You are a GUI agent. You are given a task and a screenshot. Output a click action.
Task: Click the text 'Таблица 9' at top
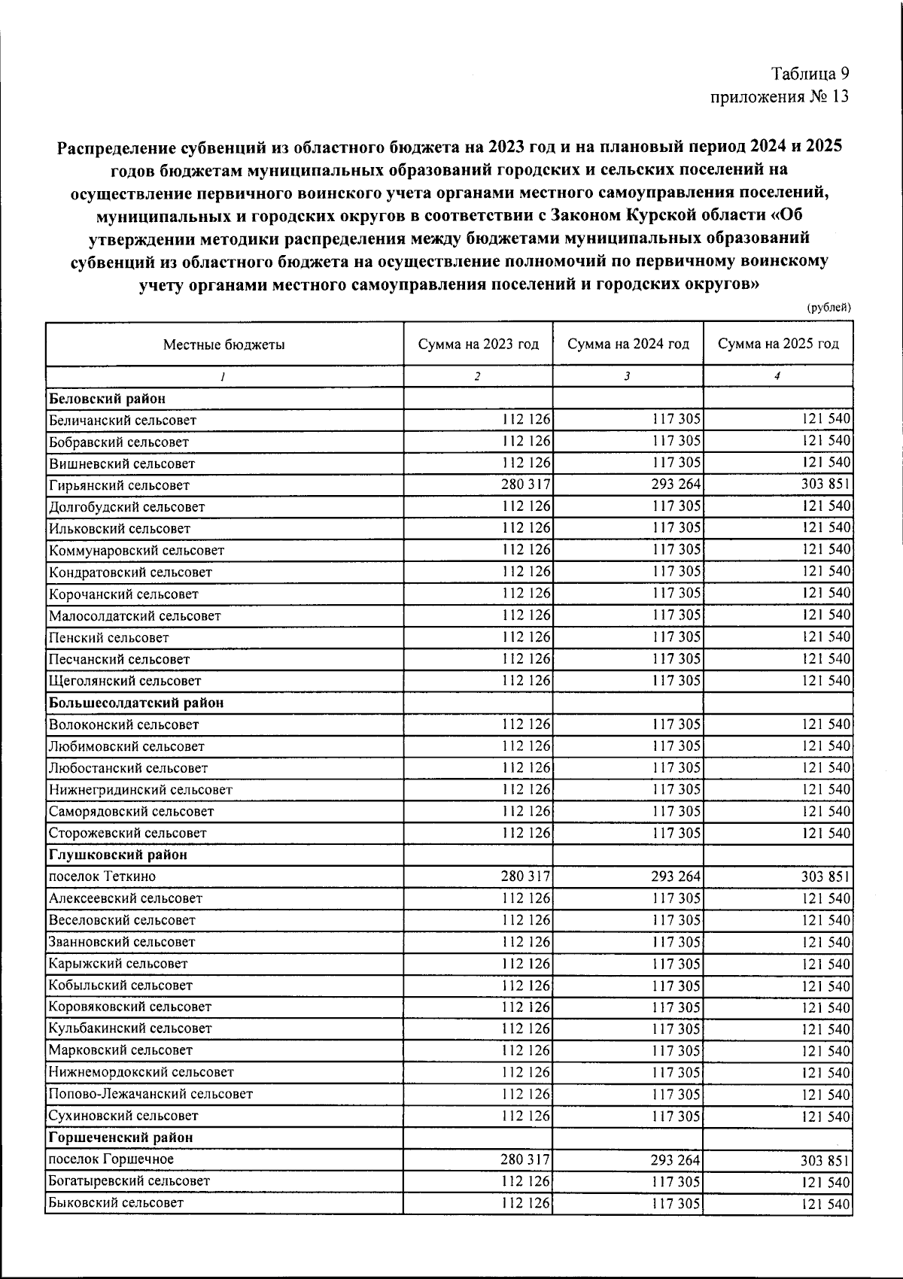point(810,74)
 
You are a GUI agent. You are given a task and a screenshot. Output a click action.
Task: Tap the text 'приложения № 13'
point(780,96)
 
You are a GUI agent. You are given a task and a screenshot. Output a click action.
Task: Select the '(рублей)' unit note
point(829,307)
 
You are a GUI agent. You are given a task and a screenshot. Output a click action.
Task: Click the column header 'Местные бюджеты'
point(224,345)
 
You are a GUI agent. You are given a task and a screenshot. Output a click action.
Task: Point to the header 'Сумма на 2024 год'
point(628,344)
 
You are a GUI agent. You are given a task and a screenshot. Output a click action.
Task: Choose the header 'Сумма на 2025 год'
point(777,344)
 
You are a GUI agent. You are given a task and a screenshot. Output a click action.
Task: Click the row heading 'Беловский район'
point(107,398)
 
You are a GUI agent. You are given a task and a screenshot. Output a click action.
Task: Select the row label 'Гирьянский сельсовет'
point(119,485)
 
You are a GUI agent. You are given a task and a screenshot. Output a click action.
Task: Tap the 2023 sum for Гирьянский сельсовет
point(525,485)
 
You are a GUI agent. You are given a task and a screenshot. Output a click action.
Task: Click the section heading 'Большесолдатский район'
point(136,703)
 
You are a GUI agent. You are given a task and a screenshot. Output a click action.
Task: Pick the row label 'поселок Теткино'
point(102,876)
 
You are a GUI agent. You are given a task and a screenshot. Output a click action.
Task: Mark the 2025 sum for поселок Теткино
point(825,876)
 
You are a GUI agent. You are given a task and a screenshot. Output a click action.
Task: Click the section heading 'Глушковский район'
point(118,855)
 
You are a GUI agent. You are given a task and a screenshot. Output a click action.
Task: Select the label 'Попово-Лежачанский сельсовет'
point(150,1094)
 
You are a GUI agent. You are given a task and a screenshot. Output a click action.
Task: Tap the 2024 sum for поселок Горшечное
point(675,1160)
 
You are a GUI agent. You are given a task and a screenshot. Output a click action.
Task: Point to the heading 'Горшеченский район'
point(121,1138)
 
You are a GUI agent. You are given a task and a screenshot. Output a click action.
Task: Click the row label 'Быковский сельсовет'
point(116,1203)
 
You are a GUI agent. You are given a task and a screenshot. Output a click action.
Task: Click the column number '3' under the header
point(627,377)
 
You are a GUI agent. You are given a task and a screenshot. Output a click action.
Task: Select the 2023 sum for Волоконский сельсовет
point(525,724)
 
